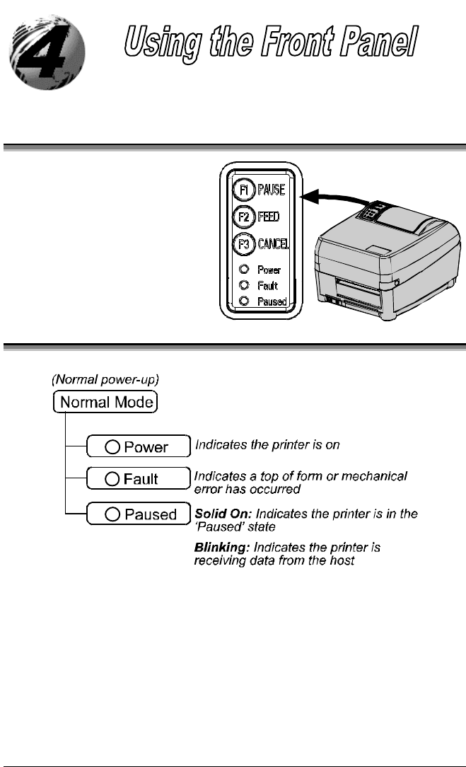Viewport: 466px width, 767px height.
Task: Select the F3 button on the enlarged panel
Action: (243, 244)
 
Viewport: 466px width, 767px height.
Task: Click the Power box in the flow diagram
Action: (137, 446)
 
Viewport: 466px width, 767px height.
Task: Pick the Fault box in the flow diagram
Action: (137, 479)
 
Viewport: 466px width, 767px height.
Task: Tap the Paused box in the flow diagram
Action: (137, 514)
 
